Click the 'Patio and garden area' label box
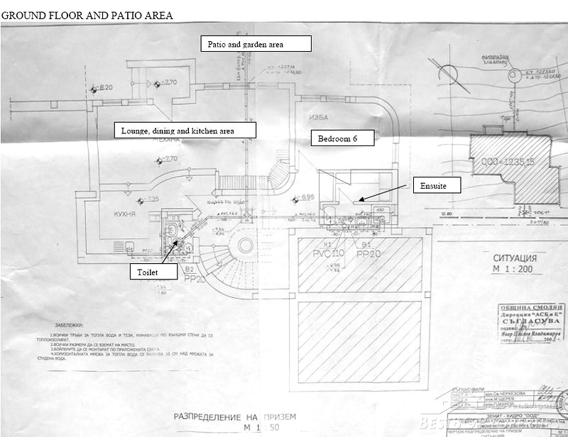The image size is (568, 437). [x=256, y=44]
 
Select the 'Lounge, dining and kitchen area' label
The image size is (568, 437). [x=185, y=131]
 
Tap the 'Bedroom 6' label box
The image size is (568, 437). [x=342, y=138]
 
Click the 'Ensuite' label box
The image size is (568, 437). [x=436, y=185]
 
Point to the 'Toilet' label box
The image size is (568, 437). [x=148, y=272]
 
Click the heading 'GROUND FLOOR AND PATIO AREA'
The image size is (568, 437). [x=87, y=14]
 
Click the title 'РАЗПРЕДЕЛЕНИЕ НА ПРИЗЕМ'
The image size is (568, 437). [x=231, y=416]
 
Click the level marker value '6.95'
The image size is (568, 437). [x=307, y=197]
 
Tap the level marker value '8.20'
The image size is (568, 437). [x=106, y=87]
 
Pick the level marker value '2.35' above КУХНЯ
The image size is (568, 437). [x=153, y=199]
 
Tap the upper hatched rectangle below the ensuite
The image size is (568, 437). [x=359, y=265]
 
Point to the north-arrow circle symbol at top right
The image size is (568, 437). [x=448, y=73]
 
